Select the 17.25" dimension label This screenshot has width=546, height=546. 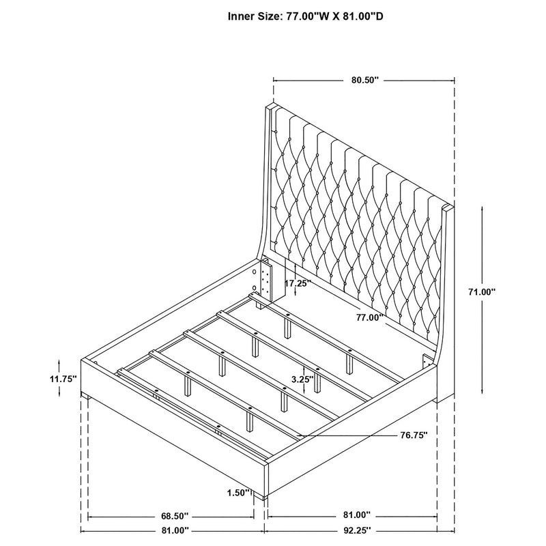[x=298, y=282]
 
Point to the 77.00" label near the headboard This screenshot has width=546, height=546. [x=369, y=317]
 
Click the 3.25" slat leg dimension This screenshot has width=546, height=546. [x=301, y=378]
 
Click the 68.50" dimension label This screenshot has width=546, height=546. [x=175, y=515]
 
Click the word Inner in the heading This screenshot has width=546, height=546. [x=243, y=16]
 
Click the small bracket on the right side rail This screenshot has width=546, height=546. [x=428, y=362]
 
